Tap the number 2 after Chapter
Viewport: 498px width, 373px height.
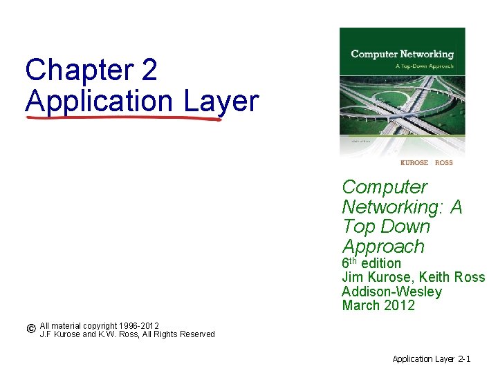148,70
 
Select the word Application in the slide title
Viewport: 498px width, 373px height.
99,101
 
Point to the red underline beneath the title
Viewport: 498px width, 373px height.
124,118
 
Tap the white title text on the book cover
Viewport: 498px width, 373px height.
402,54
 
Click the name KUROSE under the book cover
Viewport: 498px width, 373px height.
415,162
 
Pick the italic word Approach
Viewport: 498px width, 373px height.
383,247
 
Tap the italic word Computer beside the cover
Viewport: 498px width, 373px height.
385,187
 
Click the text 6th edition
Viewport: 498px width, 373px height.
371,263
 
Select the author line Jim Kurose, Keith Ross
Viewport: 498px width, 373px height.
413,278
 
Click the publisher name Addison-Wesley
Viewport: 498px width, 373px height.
391,291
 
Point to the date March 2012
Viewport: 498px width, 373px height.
378,305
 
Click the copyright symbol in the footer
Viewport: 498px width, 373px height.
31,329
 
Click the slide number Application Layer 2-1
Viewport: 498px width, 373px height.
432,359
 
